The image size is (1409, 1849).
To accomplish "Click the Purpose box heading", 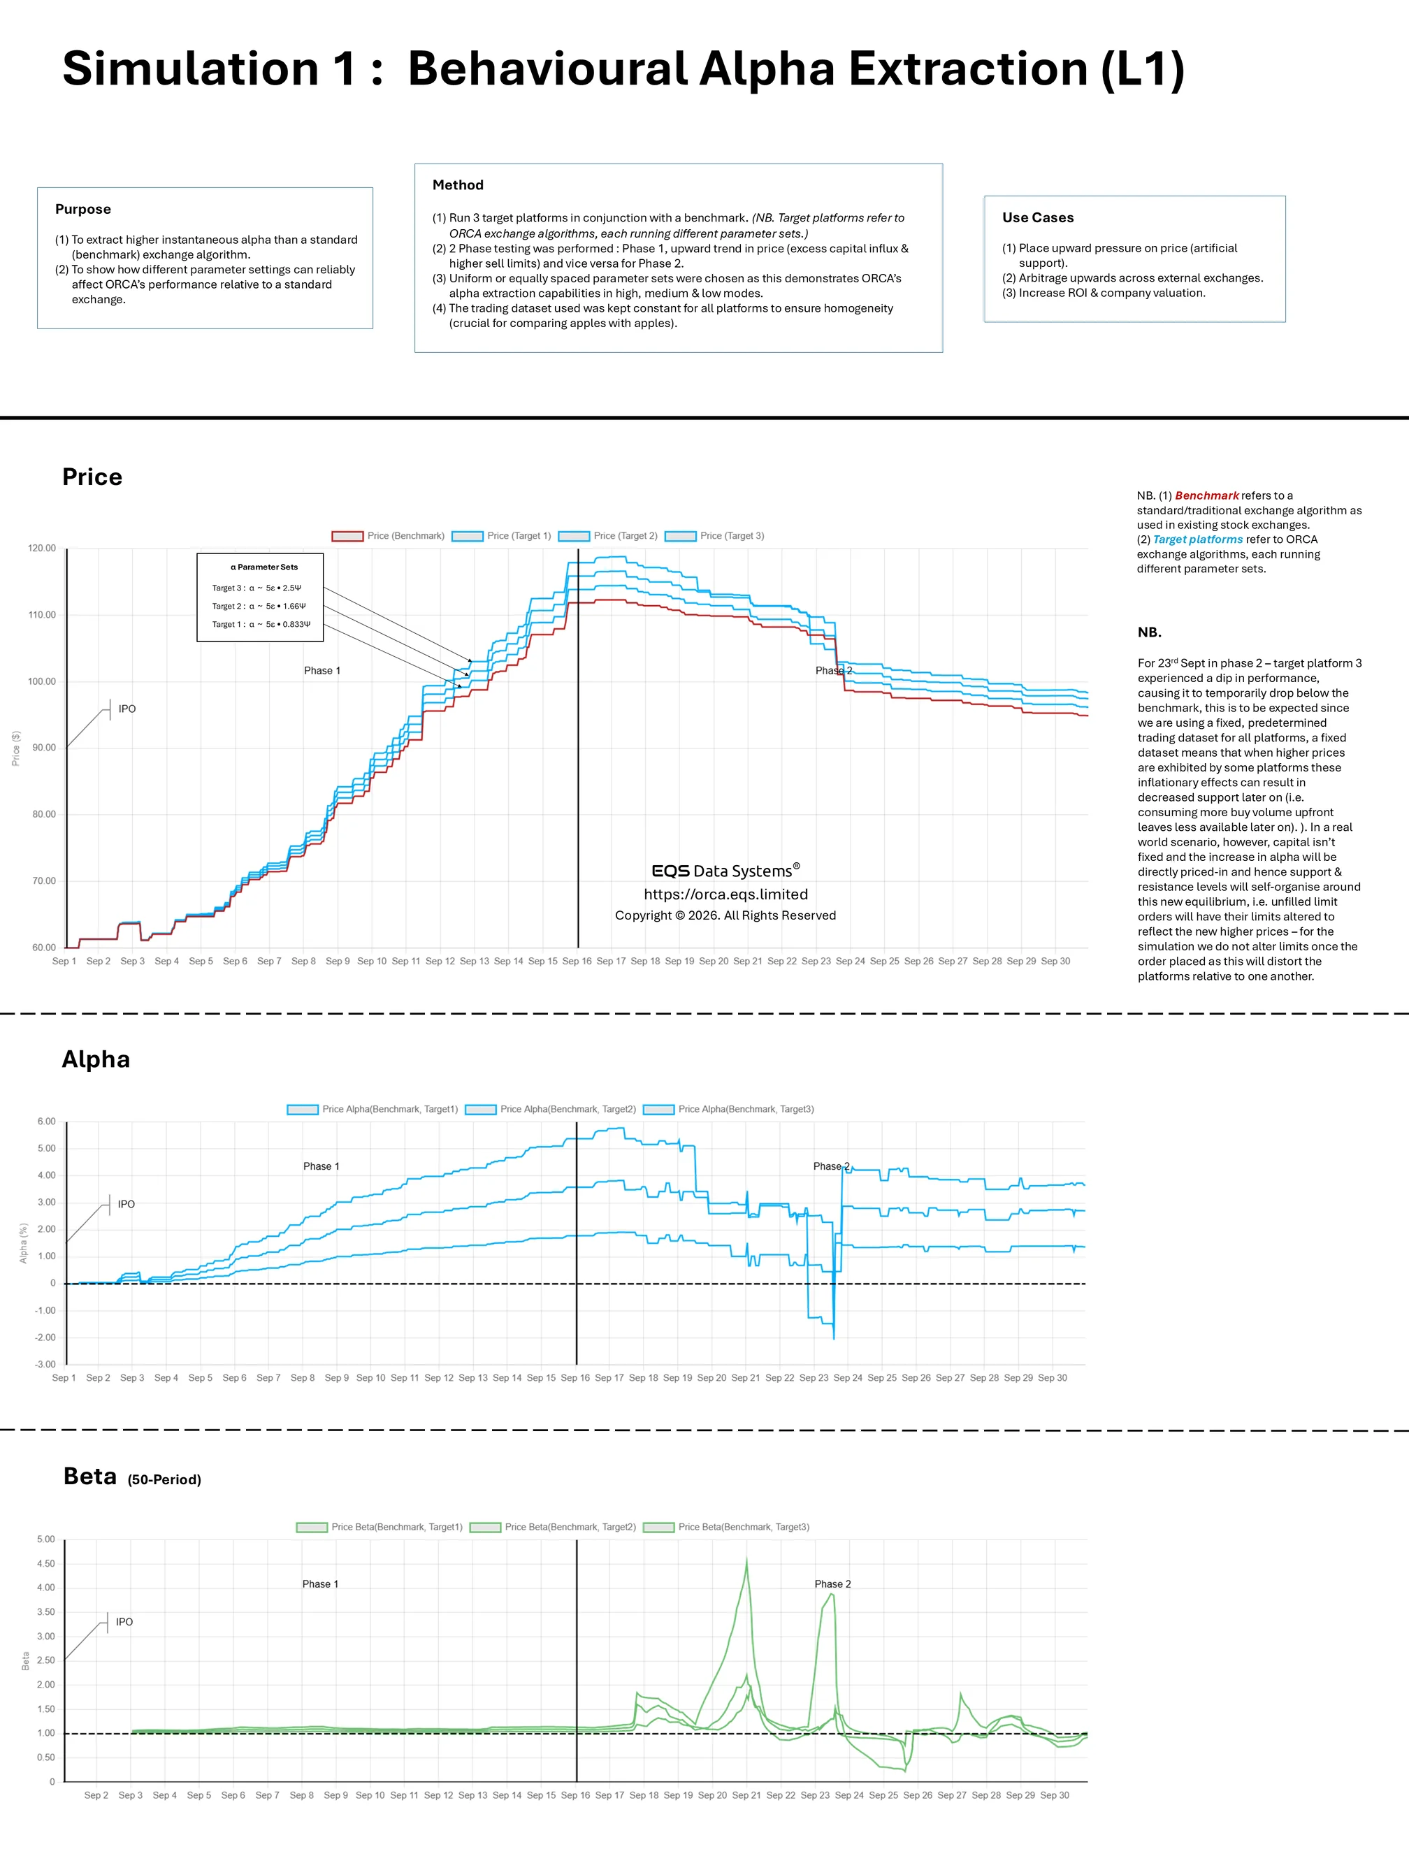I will click(83, 209).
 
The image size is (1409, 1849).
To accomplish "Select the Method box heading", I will click(458, 184).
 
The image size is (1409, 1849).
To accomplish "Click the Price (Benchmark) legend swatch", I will click(347, 536).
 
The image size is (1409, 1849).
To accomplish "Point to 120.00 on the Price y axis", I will click(42, 549).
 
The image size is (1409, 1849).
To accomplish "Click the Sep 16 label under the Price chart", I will click(577, 961).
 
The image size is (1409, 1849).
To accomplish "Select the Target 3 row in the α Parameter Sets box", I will click(256, 588).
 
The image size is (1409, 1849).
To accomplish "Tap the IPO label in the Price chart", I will click(127, 709).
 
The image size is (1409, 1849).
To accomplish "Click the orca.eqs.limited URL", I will click(725, 894).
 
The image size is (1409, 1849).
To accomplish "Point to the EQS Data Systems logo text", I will click(725, 871).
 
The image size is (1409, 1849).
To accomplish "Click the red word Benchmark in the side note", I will click(1206, 495).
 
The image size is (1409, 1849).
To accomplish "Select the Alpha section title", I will click(96, 1059).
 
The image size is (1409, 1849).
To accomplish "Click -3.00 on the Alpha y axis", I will click(45, 1364).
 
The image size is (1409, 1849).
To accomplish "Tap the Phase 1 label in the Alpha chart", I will click(321, 1166).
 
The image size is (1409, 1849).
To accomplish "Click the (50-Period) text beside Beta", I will click(164, 1479).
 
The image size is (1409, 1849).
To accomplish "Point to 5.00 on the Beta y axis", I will click(45, 1539).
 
